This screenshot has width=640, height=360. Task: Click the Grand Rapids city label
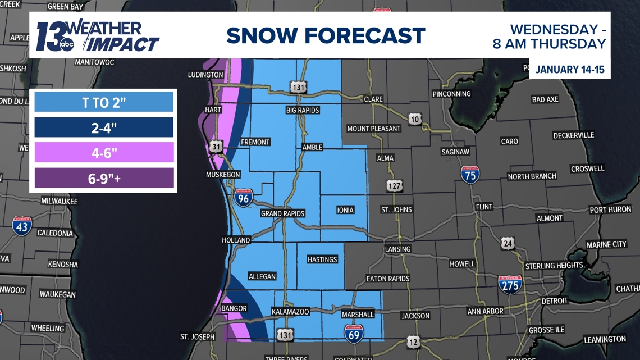pos(282,213)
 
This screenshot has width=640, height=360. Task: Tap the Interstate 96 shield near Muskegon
pos(243,198)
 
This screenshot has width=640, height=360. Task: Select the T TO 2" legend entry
pos(104,103)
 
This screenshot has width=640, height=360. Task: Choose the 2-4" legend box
pos(104,127)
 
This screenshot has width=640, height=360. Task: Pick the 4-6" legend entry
pos(104,152)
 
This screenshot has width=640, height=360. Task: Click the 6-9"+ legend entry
pos(104,178)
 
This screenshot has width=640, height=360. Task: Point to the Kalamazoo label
pos(290,311)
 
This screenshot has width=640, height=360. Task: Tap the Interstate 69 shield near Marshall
pos(354,334)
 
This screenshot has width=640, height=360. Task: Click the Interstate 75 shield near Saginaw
pos(470,175)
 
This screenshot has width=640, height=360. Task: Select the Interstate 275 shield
pos(510,285)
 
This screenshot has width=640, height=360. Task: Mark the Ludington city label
pos(205,75)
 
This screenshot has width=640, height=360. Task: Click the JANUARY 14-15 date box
pos(569,70)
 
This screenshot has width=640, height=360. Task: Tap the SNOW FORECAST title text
pos(326,36)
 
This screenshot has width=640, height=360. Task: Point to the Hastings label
pos(322,259)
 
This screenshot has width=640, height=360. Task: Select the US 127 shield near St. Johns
pos(394,185)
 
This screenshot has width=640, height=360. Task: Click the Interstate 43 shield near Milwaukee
pos(22,226)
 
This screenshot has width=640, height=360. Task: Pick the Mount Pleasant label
pos(373,129)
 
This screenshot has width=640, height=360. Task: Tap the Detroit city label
pos(554,301)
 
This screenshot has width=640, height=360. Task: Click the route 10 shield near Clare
pos(414,120)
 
